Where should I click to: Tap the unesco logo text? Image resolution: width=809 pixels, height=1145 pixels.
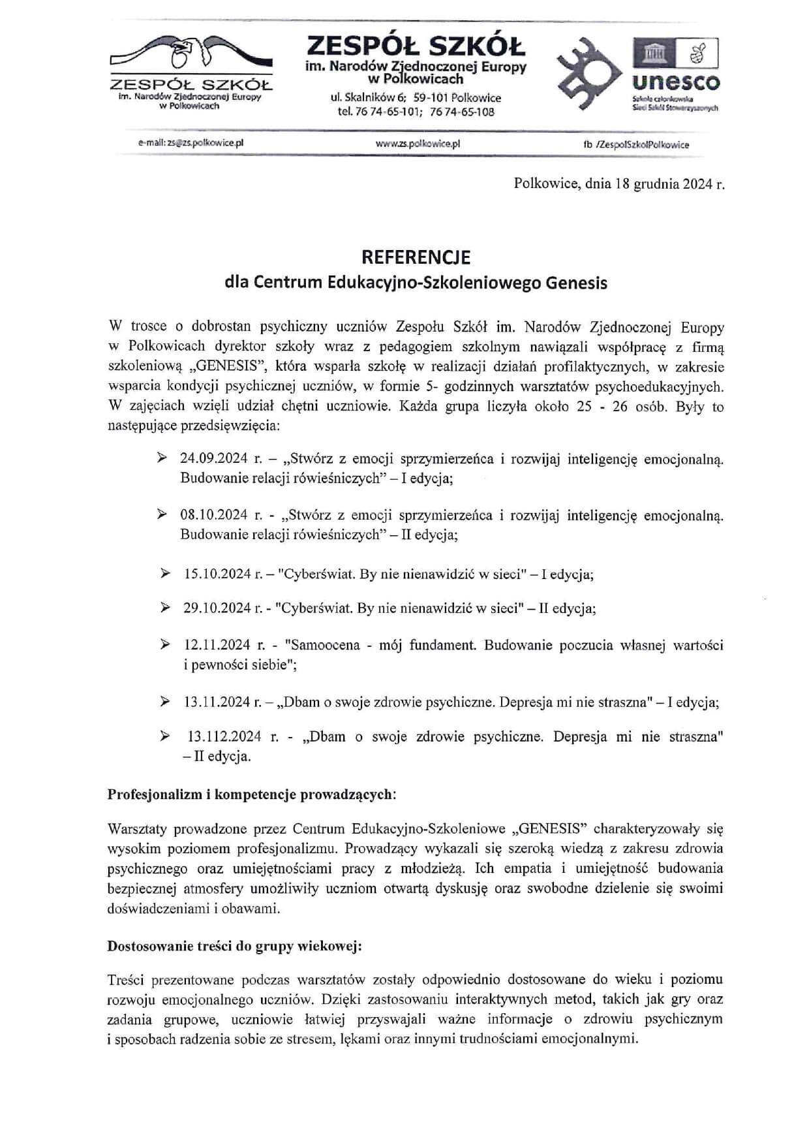pos(676,83)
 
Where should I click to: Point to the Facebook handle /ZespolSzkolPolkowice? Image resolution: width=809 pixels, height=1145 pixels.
pos(641,145)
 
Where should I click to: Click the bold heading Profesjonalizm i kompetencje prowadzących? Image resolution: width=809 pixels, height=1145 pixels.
pos(251,795)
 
